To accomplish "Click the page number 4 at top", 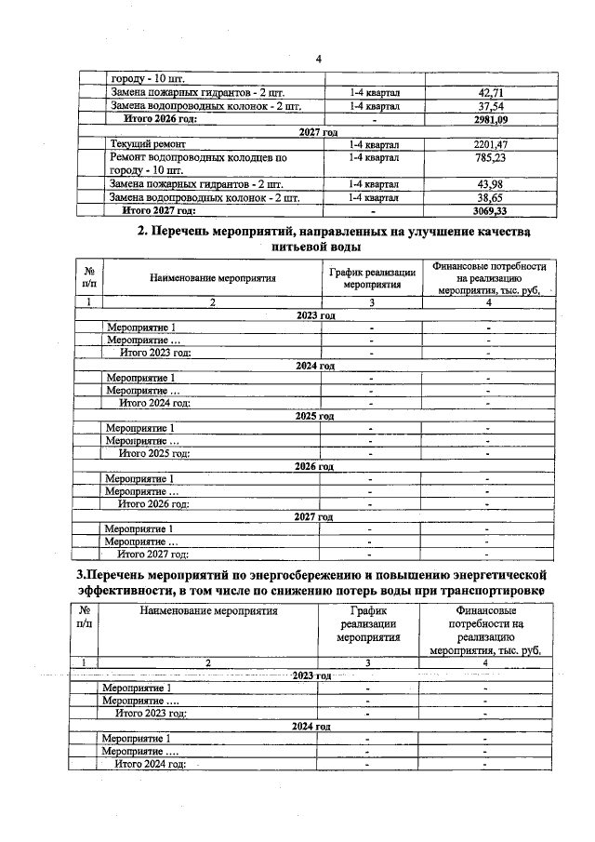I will [318, 59].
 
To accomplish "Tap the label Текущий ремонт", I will [148, 145].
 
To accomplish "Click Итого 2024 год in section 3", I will [151, 764].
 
